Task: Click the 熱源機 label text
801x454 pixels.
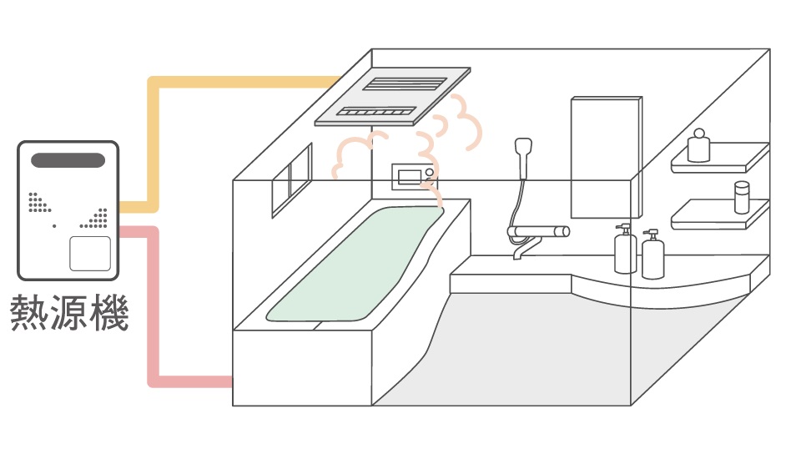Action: coord(68,312)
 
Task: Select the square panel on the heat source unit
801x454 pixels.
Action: coord(89,254)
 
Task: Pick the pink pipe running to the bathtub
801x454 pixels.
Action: coord(153,317)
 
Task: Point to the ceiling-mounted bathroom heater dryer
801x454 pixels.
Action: coord(394,95)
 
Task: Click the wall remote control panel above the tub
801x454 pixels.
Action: coord(414,176)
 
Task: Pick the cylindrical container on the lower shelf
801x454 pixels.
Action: coord(740,198)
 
